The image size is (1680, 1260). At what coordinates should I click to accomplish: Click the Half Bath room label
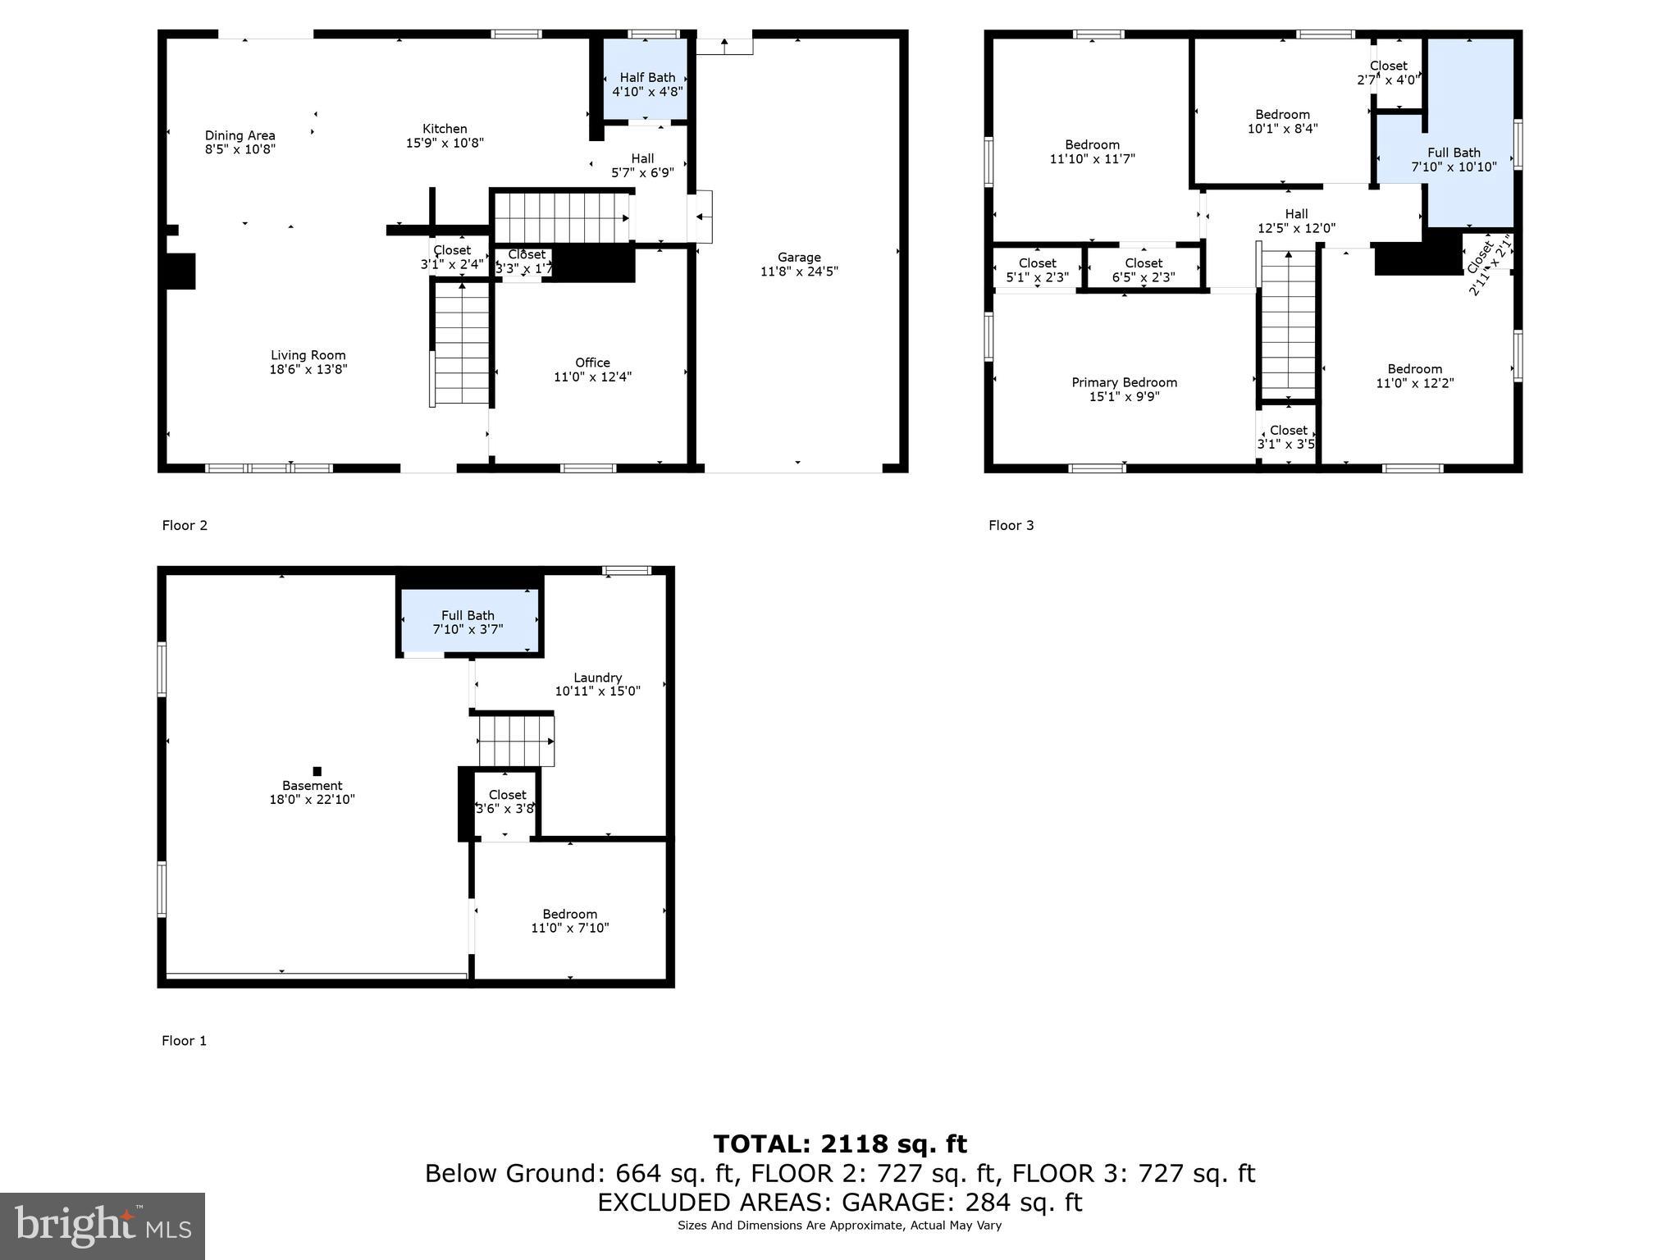(647, 77)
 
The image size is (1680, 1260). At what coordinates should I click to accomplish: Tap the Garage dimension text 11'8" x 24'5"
(799, 272)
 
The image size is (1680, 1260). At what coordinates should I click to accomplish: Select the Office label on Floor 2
(592, 363)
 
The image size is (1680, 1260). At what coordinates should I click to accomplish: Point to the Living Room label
(308, 355)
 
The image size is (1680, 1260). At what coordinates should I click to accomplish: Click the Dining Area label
(240, 135)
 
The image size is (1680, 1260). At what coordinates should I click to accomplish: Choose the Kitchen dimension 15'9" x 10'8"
(445, 143)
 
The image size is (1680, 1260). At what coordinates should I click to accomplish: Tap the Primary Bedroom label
(1124, 382)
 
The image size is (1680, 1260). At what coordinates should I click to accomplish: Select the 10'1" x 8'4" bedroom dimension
(1281, 129)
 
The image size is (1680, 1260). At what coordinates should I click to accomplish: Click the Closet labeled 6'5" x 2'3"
(1144, 270)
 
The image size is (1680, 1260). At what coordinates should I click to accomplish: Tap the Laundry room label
(597, 678)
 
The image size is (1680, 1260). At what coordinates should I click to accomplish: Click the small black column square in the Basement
(317, 771)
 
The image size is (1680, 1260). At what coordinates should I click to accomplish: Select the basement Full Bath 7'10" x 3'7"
(468, 622)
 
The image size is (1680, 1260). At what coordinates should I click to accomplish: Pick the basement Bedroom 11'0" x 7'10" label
(569, 920)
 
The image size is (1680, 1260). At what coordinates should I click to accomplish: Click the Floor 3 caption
(1011, 526)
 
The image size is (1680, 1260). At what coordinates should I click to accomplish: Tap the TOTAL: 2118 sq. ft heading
(839, 1144)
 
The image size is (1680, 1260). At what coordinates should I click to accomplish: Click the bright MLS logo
(103, 1226)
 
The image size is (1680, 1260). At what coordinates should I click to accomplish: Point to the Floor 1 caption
(184, 1041)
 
